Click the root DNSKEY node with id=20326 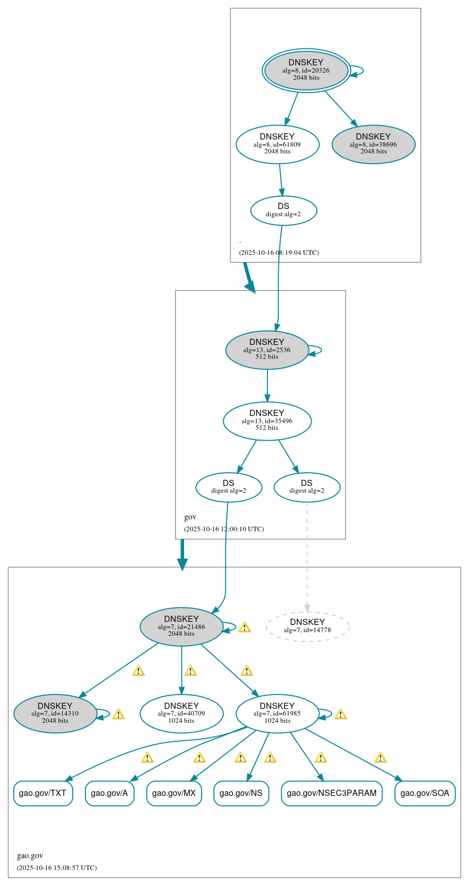tap(306, 71)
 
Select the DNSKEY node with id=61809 tap(277, 144)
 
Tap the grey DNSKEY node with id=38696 tap(373, 144)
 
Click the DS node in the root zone tap(283, 210)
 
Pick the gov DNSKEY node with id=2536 tap(267, 350)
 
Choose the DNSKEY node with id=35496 tap(267, 421)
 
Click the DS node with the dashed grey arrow tap(307, 487)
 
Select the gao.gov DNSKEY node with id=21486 tap(182, 626)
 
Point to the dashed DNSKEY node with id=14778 tap(308, 626)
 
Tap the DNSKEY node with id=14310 tap(55, 713)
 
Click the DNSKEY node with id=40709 tap(182, 713)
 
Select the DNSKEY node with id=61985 tap(277, 713)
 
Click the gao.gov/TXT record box tap(43, 793)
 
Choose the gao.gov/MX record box tap(174, 793)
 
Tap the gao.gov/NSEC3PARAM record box tap(332, 793)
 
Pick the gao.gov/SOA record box tap(425, 793)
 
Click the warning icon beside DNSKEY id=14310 tap(118, 714)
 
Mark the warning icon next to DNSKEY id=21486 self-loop tap(244, 627)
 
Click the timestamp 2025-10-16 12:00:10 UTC tap(224, 529)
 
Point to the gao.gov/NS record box tap(241, 793)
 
